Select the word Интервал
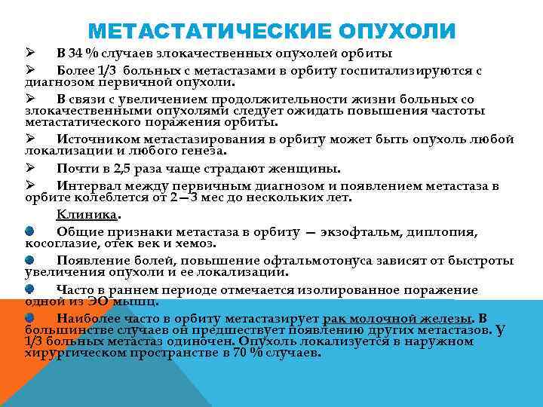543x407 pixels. tap(89, 185)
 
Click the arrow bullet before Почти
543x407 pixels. tap(31, 168)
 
